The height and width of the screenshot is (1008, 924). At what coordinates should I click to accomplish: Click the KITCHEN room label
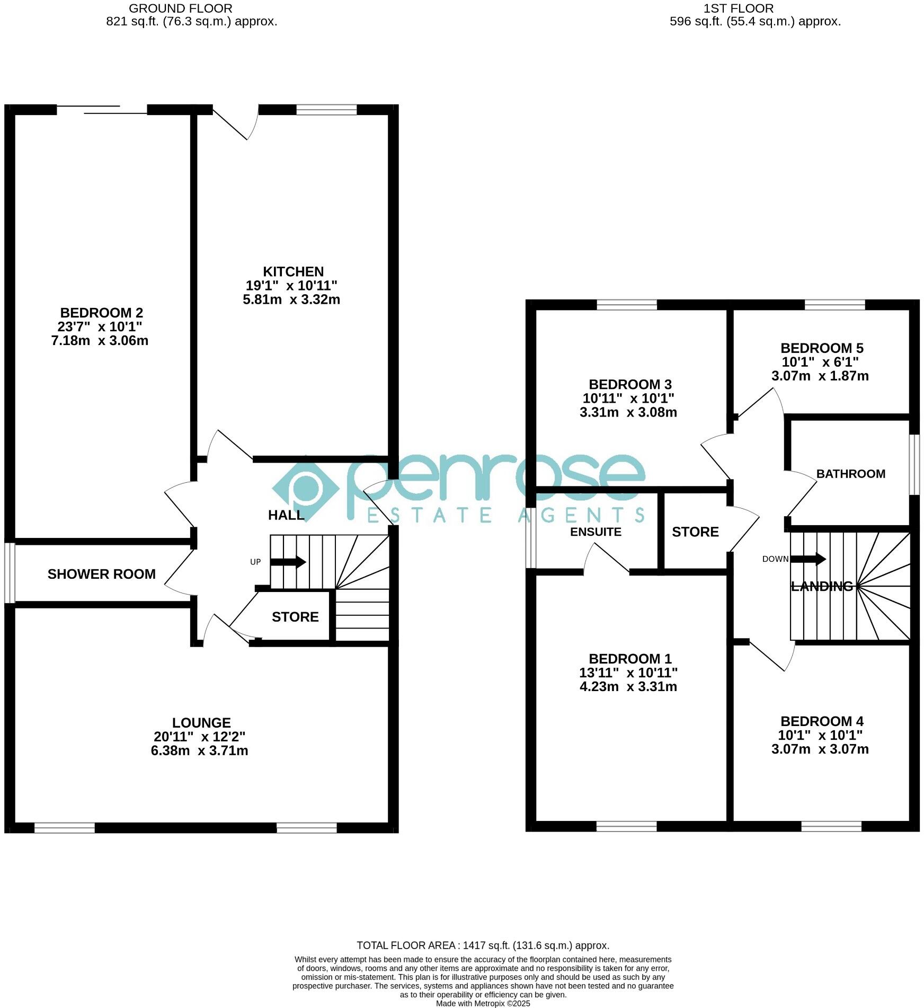pyautogui.click(x=293, y=272)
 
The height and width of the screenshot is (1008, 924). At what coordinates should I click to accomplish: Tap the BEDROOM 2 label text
pyautogui.click(x=101, y=313)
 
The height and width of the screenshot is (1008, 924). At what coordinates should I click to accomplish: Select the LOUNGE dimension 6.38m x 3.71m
pyautogui.click(x=199, y=750)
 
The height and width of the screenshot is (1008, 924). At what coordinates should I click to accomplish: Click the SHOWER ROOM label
pyautogui.click(x=101, y=574)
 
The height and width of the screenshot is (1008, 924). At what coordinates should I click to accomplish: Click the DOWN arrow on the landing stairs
pyautogui.click(x=807, y=559)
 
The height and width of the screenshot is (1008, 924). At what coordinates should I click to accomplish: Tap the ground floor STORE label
pyautogui.click(x=295, y=617)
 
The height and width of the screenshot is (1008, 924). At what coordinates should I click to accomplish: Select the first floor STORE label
pyautogui.click(x=695, y=532)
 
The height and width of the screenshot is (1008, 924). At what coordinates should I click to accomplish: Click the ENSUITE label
pyautogui.click(x=596, y=532)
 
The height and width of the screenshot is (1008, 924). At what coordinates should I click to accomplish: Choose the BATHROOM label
pyautogui.click(x=850, y=474)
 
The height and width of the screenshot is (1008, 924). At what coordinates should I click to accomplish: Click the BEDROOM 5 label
pyautogui.click(x=822, y=348)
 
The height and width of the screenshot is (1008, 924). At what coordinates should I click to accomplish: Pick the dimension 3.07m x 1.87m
pyautogui.click(x=820, y=376)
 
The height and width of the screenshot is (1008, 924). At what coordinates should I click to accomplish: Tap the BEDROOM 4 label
pyautogui.click(x=822, y=721)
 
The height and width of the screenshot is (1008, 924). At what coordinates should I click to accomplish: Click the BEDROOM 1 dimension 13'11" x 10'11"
pyautogui.click(x=628, y=673)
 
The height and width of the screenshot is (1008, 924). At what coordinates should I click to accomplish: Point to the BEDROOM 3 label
pyautogui.click(x=630, y=384)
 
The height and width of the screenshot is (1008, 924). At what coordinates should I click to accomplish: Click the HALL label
pyautogui.click(x=286, y=515)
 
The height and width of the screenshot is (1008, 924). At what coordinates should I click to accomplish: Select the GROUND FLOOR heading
pyautogui.click(x=180, y=8)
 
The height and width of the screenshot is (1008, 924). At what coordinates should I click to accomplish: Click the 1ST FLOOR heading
pyautogui.click(x=738, y=8)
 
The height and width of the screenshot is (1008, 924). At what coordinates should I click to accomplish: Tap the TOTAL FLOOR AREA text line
pyautogui.click(x=483, y=945)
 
